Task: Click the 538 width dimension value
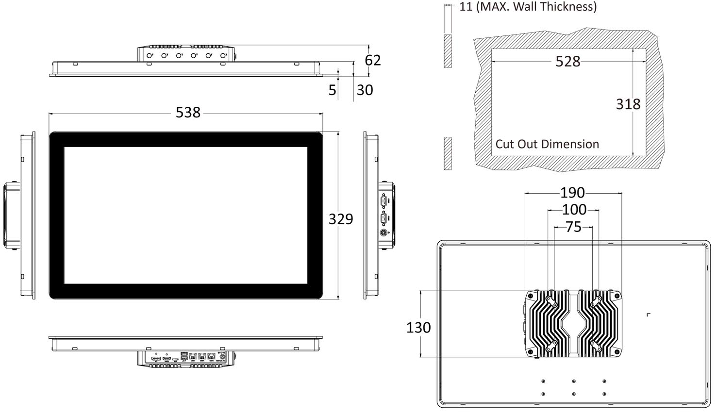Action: (x=188, y=113)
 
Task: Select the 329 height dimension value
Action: (x=341, y=219)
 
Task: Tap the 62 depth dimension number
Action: (x=373, y=60)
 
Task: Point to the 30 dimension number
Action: (x=365, y=90)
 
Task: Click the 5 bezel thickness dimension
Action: (x=332, y=90)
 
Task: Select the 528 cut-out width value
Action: (x=567, y=61)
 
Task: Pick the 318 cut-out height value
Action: (x=628, y=104)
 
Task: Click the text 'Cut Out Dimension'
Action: (x=547, y=144)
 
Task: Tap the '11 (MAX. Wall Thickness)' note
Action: (x=528, y=7)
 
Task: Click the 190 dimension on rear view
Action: (x=572, y=193)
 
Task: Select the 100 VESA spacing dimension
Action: (x=574, y=210)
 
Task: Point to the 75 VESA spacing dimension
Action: (x=573, y=227)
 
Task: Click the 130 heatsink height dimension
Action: (x=418, y=328)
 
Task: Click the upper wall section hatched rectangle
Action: (x=448, y=51)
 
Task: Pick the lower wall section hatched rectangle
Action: (x=448, y=153)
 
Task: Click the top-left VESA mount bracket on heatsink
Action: (x=552, y=301)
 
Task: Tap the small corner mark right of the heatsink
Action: (x=649, y=315)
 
